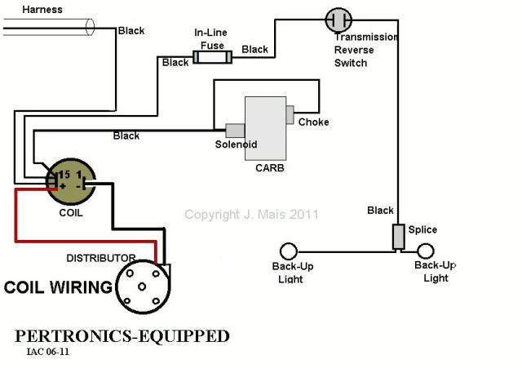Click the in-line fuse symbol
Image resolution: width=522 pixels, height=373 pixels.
tap(212, 57)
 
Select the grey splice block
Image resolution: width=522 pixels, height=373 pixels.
tap(399, 237)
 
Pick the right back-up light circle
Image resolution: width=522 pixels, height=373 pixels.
tap(425, 251)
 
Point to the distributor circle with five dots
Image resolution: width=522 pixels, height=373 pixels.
tap(143, 288)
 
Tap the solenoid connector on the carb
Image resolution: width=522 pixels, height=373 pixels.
tap(235, 130)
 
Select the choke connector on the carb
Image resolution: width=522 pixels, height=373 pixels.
tap(290, 114)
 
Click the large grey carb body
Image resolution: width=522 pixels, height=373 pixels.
tap(266, 128)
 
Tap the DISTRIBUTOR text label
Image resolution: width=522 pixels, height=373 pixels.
tap(101, 258)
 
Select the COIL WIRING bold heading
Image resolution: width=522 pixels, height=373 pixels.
tap(58, 287)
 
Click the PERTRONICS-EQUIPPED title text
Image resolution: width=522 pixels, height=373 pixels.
tap(122, 336)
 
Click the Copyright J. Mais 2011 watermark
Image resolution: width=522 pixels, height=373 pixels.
tap(251, 215)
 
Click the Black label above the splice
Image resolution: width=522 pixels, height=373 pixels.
tap(380, 211)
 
